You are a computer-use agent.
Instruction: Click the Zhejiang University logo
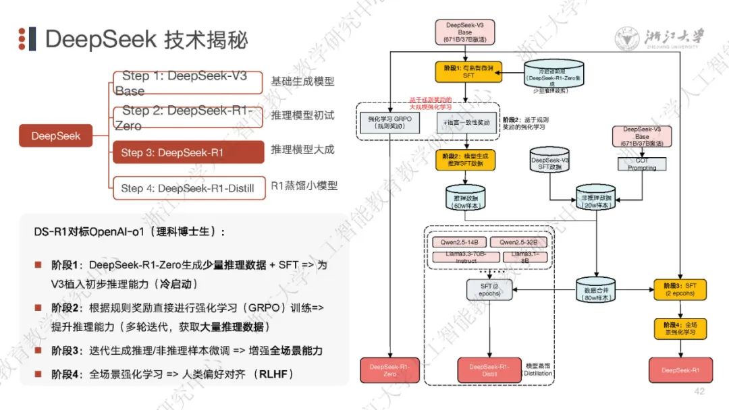tap(659, 38)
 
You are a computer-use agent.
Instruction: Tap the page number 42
tap(699, 391)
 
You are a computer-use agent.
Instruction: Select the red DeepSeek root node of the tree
tap(55, 136)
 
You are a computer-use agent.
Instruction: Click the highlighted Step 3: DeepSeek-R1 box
tap(188, 152)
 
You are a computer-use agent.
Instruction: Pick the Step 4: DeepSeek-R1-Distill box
tap(188, 188)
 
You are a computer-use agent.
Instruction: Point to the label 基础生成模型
tap(302, 82)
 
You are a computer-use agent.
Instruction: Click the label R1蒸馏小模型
tap(304, 185)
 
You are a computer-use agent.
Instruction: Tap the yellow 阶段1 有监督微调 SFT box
tap(468, 72)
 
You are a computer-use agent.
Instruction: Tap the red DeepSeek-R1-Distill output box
tap(489, 370)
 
